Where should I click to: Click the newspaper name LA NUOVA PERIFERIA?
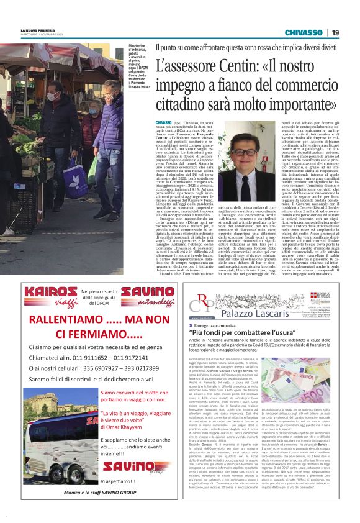(x=38, y=30)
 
